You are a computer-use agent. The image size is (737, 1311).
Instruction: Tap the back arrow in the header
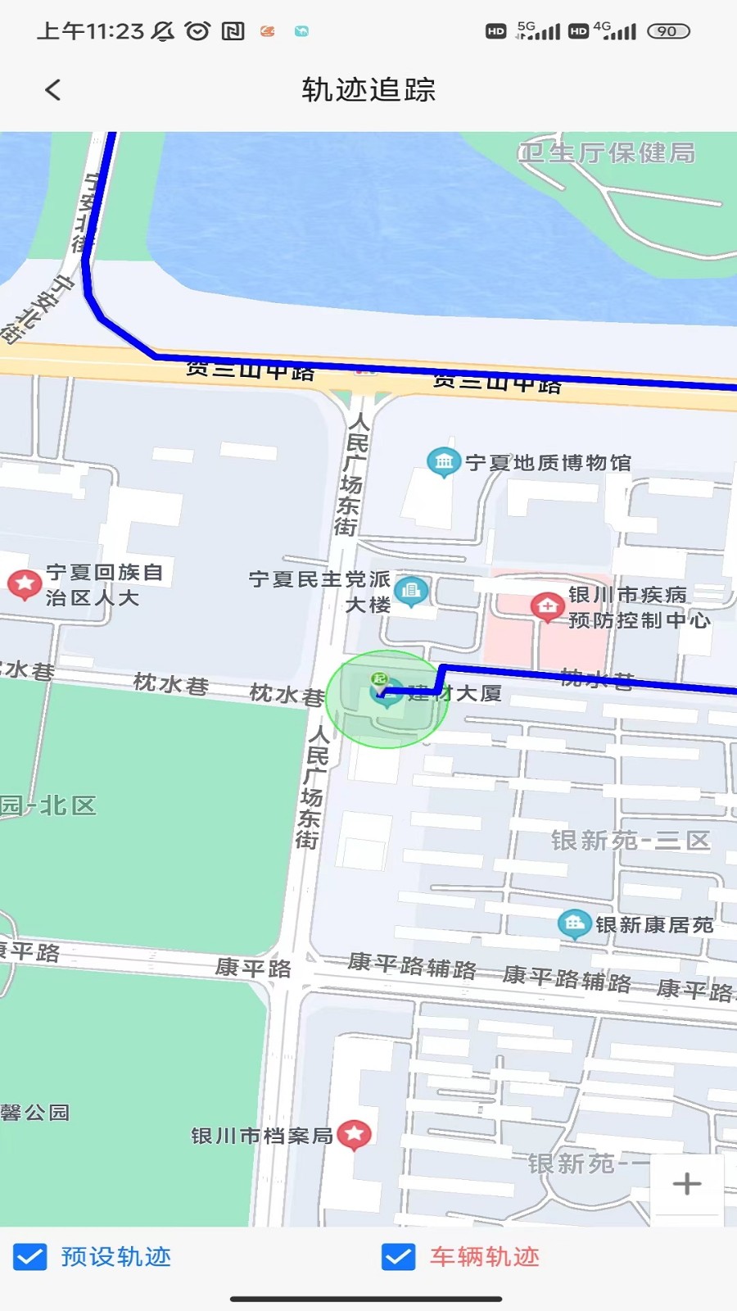pyautogui.click(x=53, y=90)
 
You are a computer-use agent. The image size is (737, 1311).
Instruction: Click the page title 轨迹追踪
pyautogui.click(x=368, y=90)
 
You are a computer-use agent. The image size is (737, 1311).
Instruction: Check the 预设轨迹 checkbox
pyautogui.click(x=30, y=1256)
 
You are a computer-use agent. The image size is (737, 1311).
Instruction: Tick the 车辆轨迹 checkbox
pyautogui.click(x=399, y=1256)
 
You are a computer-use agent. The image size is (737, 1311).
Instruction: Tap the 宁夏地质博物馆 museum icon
pyautogui.click(x=443, y=462)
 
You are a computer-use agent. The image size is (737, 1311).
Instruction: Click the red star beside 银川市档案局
pyautogui.click(x=354, y=1134)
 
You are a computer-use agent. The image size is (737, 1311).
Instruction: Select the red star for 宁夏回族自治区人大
pyautogui.click(x=25, y=584)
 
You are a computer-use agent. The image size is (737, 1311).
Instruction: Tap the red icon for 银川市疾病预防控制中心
pyautogui.click(x=546, y=607)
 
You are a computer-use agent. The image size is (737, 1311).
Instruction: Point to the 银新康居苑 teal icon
pyautogui.click(x=574, y=924)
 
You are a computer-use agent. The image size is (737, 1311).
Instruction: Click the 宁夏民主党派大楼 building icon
pyautogui.click(x=411, y=591)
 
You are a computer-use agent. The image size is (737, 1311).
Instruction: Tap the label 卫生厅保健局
pyautogui.click(x=607, y=153)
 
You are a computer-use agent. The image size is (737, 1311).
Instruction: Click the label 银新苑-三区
pyautogui.click(x=630, y=841)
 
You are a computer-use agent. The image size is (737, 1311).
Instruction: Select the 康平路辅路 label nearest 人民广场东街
pyautogui.click(x=412, y=966)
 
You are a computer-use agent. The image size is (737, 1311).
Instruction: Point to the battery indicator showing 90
pyautogui.click(x=668, y=31)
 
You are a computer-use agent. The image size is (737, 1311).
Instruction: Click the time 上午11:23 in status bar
pyautogui.click(x=90, y=31)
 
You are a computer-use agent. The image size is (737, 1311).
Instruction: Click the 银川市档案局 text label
pyautogui.click(x=261, y=1136)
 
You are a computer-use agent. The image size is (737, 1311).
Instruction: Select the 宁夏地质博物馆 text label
pyautogui.click(x=548, y=463)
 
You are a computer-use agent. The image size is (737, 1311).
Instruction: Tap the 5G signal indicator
pyautogui.click(x=538, y=31)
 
